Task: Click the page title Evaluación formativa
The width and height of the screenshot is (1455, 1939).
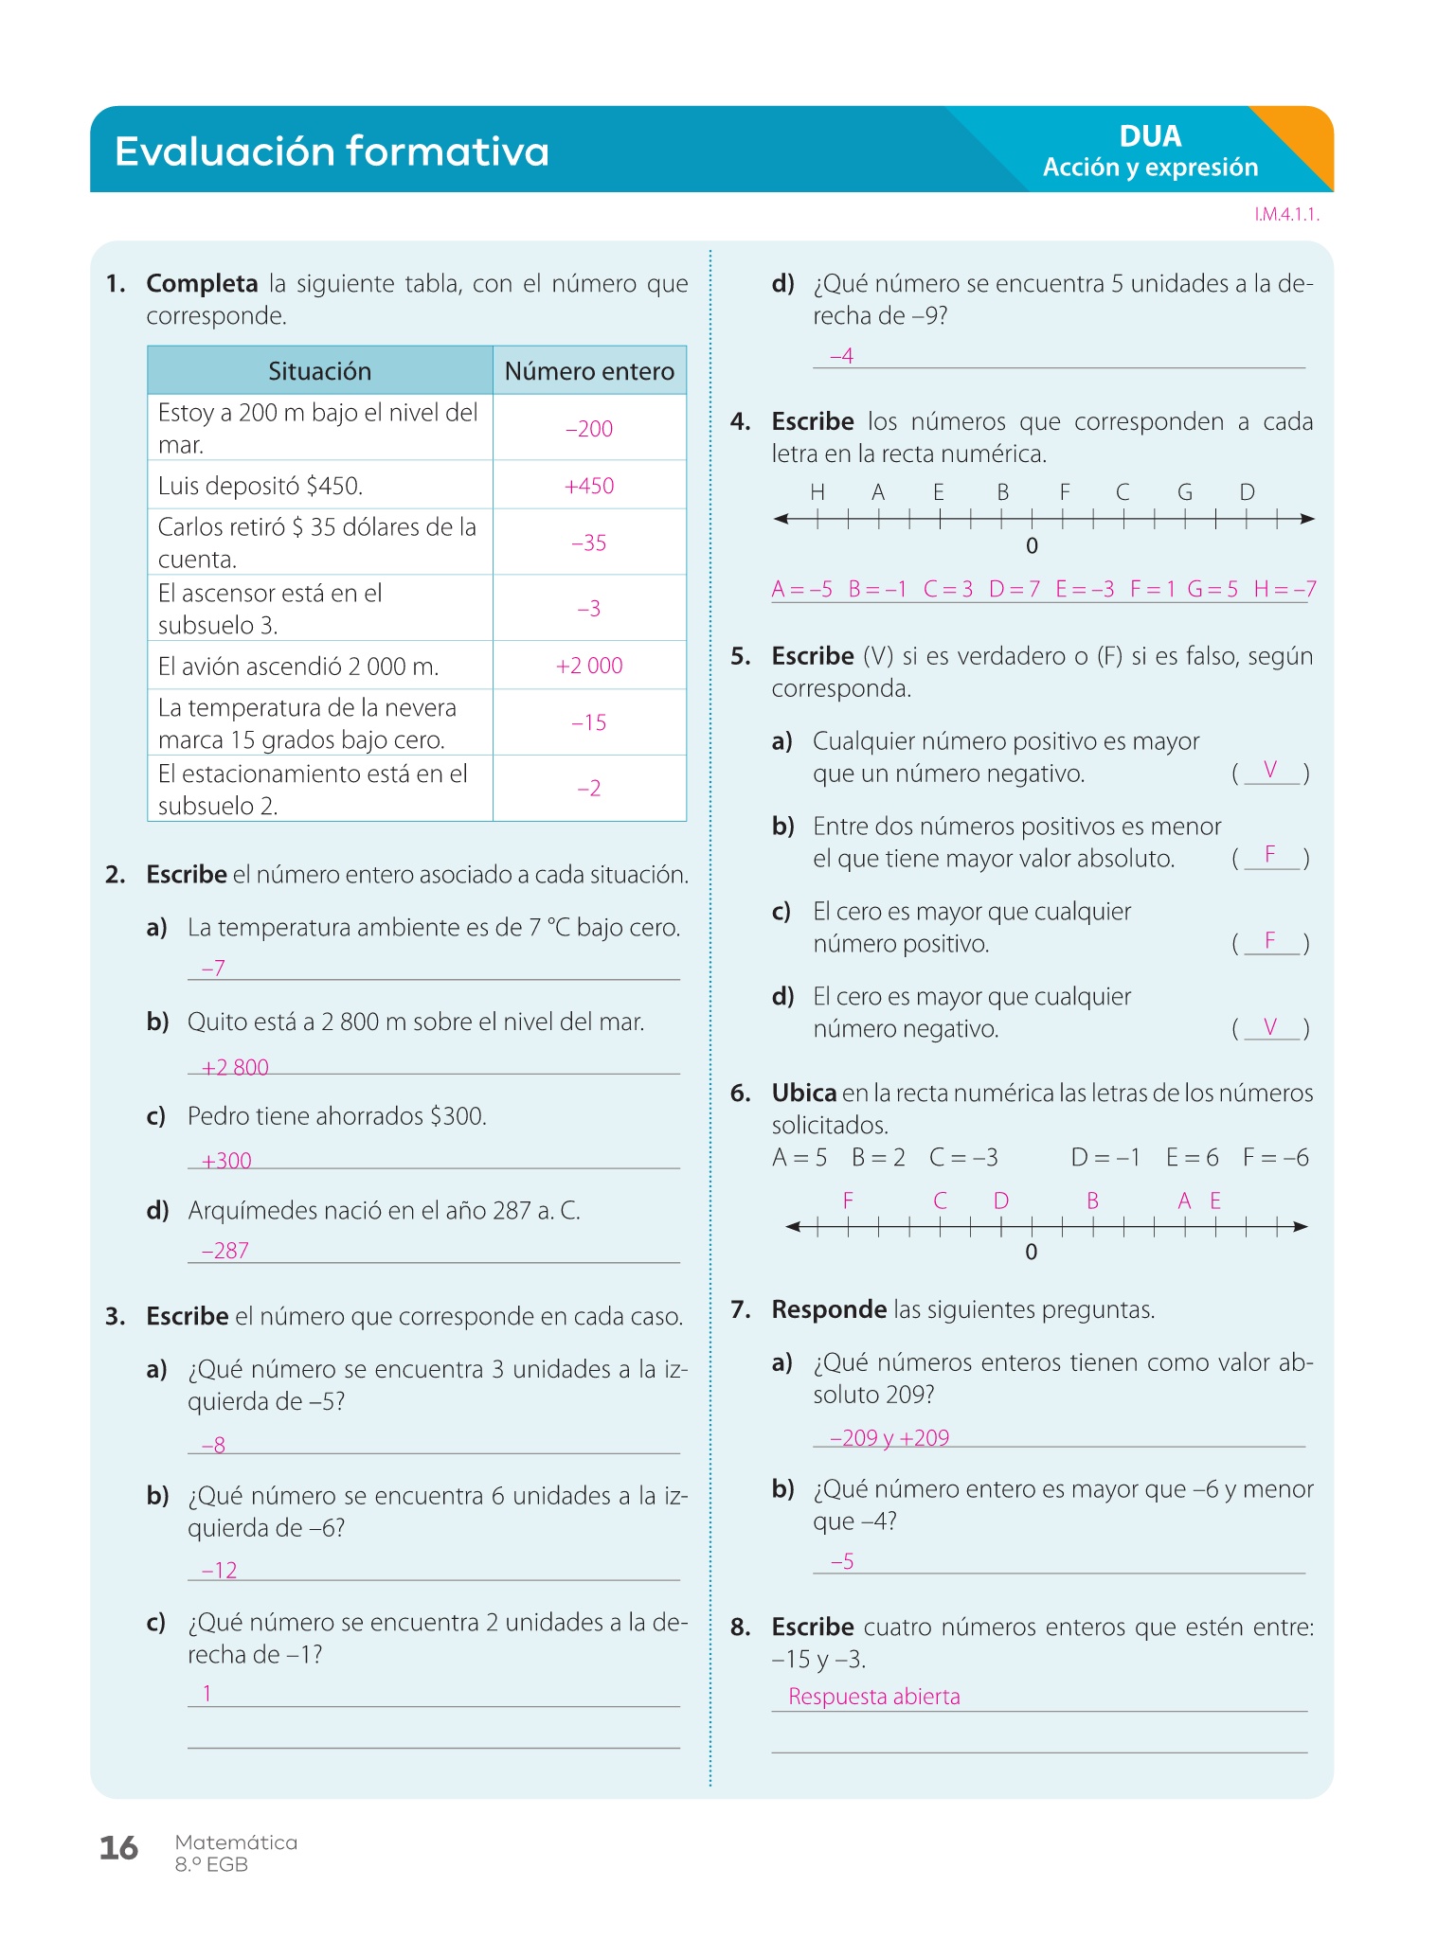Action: click(332, 151)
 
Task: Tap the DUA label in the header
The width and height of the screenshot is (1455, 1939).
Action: click(1150, 136)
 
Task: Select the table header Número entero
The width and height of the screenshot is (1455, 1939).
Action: click(589, 371)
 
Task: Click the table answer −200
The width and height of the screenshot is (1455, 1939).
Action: click(589, 429)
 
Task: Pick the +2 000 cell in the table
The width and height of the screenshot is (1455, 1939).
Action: click(589, 666)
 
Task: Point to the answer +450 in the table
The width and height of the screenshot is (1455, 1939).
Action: click(589, 486)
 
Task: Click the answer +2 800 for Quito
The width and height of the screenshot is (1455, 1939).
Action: click(235, 1067)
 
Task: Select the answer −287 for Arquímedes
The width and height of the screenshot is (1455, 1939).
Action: click(225, 1251)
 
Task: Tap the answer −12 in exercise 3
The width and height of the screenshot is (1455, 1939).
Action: click(219, 1571)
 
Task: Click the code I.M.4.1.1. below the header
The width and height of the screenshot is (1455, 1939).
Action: click(1286, 215)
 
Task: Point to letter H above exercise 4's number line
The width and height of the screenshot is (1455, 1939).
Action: click(817, 492)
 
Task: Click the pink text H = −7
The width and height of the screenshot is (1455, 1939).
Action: click(1284, 589)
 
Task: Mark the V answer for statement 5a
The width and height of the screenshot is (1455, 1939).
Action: click(1270, 770)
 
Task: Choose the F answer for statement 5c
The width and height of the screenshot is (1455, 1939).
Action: click(1270, 940)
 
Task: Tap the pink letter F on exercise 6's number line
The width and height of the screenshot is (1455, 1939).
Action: click(848, 1201)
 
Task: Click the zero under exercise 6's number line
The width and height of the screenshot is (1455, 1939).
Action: click(1032, 1252)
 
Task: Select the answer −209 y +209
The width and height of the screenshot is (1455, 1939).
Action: click(889, 1438)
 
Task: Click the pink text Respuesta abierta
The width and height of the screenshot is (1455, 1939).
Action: click(873, 1697)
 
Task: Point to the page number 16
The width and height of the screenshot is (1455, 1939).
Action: click(119, 1848)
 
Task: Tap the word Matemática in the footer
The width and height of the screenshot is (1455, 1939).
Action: click(236, 1842)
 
